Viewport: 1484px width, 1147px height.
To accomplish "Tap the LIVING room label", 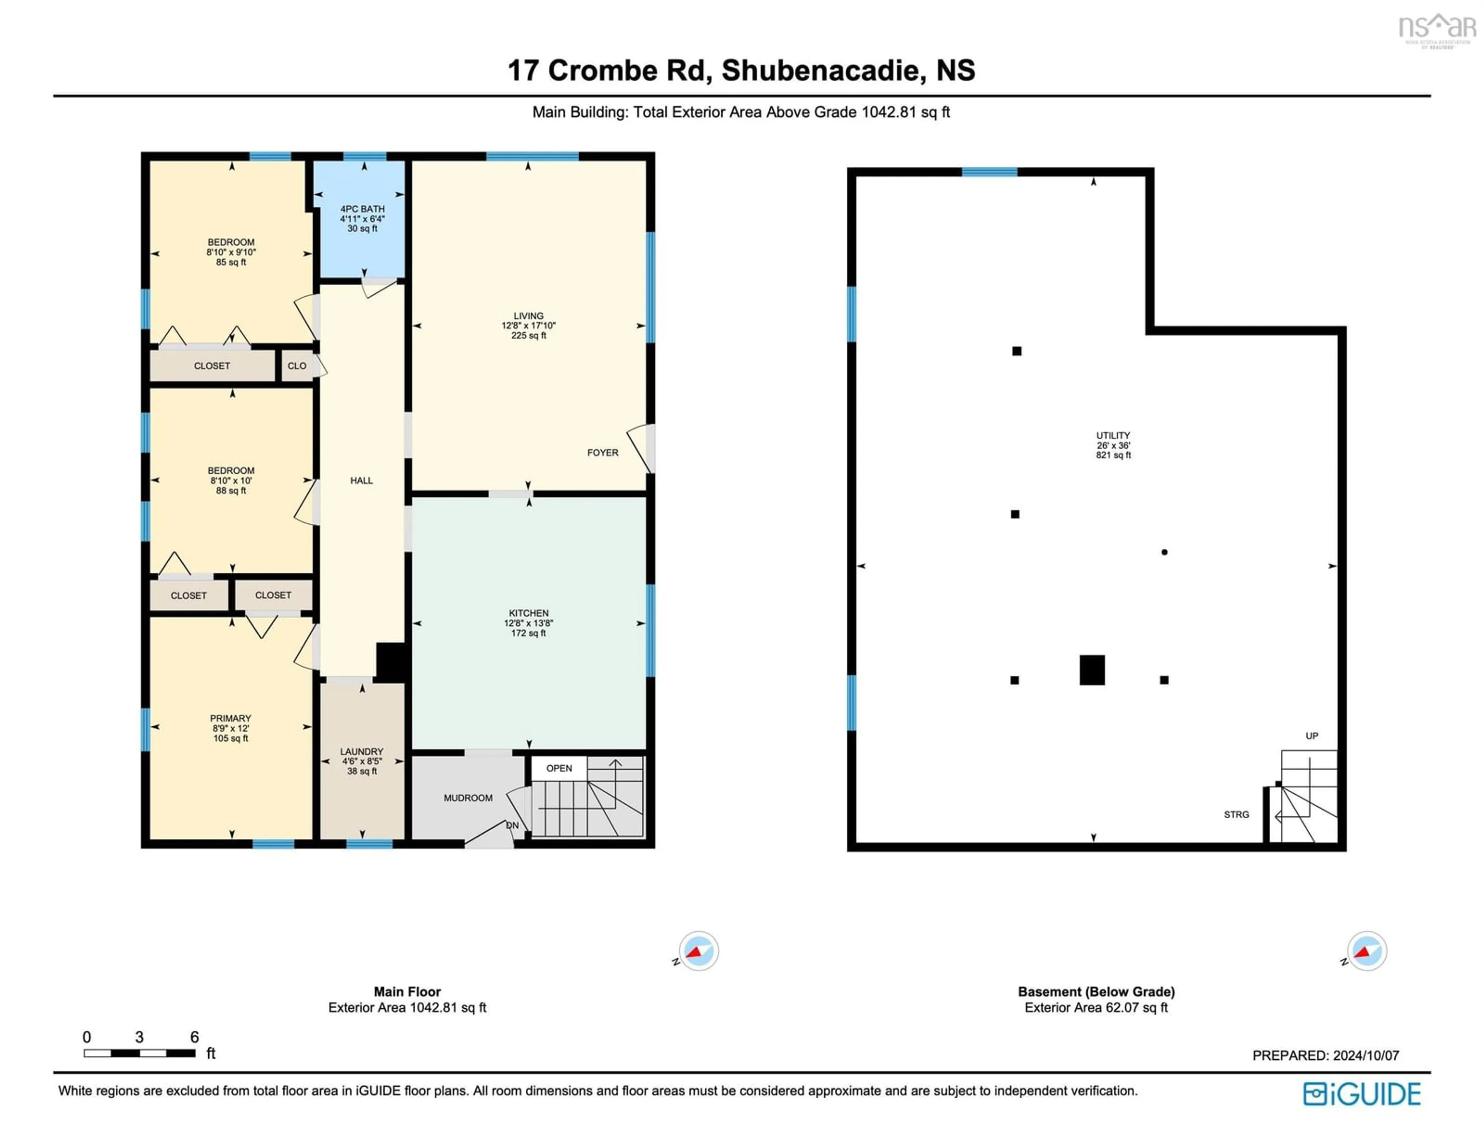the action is click(529, 316).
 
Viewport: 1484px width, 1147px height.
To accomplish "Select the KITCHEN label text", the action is click(529, 613).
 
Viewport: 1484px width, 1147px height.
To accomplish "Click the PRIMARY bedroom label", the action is click(230, 719).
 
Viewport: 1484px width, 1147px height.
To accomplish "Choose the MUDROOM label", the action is click(468, 798).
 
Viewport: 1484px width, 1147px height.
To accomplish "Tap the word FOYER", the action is click(603, 452).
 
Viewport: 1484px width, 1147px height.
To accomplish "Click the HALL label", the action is click(361, 481).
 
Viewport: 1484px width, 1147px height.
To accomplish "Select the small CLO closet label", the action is click(297, 366).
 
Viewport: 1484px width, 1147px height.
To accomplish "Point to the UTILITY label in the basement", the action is click(1113, 435).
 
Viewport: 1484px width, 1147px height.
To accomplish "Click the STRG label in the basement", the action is click(1237, 814).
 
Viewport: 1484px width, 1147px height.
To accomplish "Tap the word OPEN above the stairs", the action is click(559, 768).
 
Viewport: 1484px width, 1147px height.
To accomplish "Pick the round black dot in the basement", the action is click(1165, 552).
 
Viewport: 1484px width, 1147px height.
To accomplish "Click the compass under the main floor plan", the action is click(698, 951).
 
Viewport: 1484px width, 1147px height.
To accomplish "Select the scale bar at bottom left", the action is click(140, 1053).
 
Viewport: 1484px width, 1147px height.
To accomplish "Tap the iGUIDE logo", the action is click(1362, 1094).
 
